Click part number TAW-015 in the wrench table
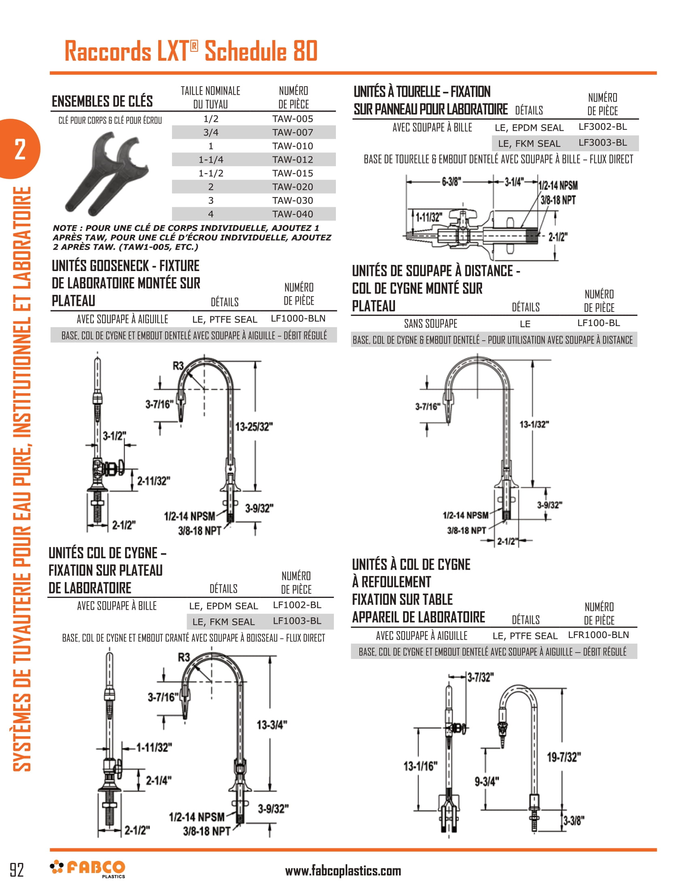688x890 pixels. click(x=293, y=173)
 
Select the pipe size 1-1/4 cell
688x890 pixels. click(x=211, y=160)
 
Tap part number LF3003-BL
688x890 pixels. click(x=603, y=143)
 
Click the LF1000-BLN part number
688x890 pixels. click(x=298, y=319)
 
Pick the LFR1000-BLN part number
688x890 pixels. click(x=598, y=635)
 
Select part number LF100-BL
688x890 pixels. click(x=598, y=323)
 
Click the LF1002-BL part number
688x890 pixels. click(x=297, y=605)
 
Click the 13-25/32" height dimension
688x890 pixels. click(x=254, y=427)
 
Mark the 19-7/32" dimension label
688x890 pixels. click(x=564, y=757)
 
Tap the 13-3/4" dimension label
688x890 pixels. click(x=272, y=725)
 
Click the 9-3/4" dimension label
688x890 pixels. click(x=486, y=782)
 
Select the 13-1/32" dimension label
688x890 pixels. click(x=534, y=425)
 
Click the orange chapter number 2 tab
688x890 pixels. click(x=19, y=149)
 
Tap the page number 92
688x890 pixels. click(x=17, y=870)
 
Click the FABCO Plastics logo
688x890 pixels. click(x=88, y=869)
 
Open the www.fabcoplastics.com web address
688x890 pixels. click(x=343, y=871)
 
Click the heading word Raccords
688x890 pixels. click(x=108, y=51)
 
